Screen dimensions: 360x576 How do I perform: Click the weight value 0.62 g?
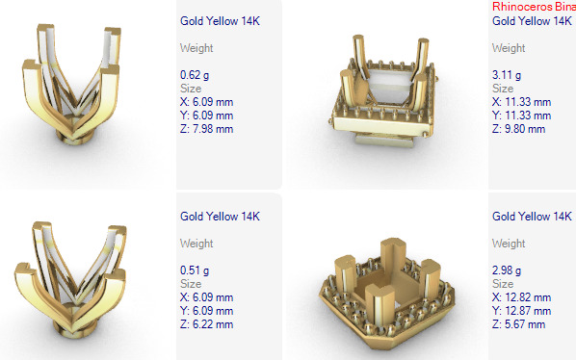tap(194, 74)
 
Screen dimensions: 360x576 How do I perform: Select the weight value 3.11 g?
tap(506, 74)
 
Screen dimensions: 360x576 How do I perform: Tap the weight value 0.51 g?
tap(194, 270)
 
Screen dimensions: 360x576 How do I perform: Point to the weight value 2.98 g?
tap(506, 270)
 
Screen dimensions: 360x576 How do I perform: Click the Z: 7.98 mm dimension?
tap(206, 129)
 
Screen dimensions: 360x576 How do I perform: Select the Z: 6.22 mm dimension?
tap(206, 325)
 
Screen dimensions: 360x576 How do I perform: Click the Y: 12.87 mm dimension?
tap(521, 312)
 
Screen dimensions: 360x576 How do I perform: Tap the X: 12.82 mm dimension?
tap(521, 298)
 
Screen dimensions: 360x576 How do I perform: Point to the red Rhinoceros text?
tap(533, 6)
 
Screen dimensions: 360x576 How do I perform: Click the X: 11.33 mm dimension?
tap(521, 102)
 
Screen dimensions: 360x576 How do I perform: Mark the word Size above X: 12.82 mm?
tap(502, 285)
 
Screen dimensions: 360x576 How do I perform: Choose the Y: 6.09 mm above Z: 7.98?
tap(206, 116)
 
